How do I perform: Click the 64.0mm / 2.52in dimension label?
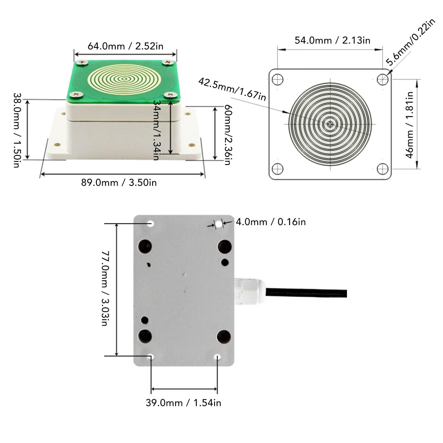coord(125,46)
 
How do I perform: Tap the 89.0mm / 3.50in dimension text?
coord(119,183)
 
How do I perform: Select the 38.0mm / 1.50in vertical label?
coord(17,130)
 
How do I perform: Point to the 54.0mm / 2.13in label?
coord(332,40)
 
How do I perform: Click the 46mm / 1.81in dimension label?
coord(410,125)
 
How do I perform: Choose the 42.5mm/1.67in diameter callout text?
coord(232,89)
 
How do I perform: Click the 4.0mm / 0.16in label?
coord(271,222)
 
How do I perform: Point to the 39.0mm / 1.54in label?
coord(183,403)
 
